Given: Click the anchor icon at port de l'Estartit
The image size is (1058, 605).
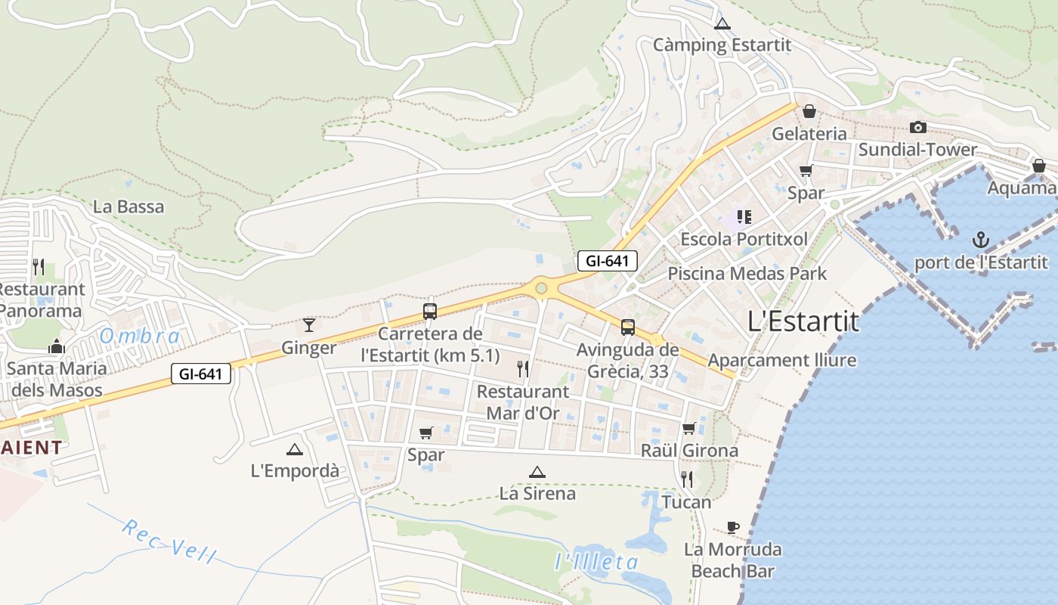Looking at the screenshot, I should pyautogui.click(x=980, y=240).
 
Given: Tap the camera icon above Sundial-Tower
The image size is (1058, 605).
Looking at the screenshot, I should pyautogui.click(x=918, y=127).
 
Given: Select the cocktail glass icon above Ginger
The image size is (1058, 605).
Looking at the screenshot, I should pyautogui.click(x=309, y=325).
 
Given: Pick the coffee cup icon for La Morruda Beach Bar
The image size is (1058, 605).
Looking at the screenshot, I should pyautogui.click(x=732, y=527).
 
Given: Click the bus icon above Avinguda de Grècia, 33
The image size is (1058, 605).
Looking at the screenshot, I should pyautogui.click(x=628, y=327).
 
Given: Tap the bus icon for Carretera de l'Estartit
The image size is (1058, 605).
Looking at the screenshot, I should pyautogui.click(x=430, y=311).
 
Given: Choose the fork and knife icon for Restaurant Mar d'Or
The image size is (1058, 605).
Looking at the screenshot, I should pyautogui.click(x=522, y=369).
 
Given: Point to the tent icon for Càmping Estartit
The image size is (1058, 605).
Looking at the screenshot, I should pyautogui.click(x=722, y=23).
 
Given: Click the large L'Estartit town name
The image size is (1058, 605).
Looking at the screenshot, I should pyautogui.click(x=803, y=321).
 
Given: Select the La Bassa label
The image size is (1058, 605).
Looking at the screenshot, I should pyautogui.click(x=128, y=206).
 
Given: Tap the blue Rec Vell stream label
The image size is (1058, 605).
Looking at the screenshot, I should pyautogui.click(x=169, y=541).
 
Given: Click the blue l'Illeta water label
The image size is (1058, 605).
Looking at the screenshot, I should pyautogui.click(x=596, y=562).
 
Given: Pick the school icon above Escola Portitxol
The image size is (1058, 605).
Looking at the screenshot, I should pyautogui.click(x=744, y=218).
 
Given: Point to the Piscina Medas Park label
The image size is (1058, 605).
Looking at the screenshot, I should pyautogui.click(x=747, y=273).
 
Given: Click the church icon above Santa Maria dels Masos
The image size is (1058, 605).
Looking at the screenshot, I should pyautogui.click(x=57, y=346).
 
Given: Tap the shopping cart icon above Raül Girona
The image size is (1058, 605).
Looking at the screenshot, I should pyautogui.click(x=688, y=428).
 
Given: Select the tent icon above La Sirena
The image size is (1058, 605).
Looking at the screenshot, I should pyautogui.click(x=537, y=473).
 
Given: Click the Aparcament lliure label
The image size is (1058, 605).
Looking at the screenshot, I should pyautogui.click(x=782, y=360).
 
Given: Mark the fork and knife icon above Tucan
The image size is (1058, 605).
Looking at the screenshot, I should pyautogui.click(x=686, y=479).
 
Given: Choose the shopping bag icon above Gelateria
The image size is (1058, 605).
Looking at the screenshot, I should pyautogui.click(x=809, y=111).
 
